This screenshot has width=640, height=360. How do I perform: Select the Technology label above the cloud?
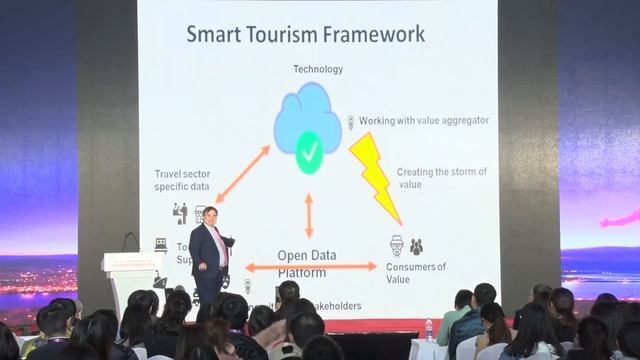click(x=318, y=69)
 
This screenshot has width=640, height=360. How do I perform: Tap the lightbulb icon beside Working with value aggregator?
click(x=351, y=121)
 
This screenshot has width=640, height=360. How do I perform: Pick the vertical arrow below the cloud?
click(x=309, y=213)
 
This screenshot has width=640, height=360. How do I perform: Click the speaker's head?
click(x=211, y=215)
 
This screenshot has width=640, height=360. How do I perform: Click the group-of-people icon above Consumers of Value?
click(x=416, y=246)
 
